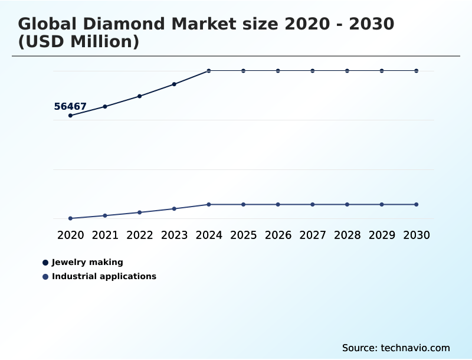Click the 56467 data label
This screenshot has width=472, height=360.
pyautogui.click(x=70, y=107)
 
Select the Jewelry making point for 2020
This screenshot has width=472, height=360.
pyautogui.click(x=70, y=115)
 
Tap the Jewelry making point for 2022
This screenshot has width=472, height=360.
pyautogui.click(x=140, y=96)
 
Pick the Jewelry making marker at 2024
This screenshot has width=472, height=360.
pyautogui.click(x=209, y=71)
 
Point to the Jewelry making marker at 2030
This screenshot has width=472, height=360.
pyautogui.click(x=417, y=71)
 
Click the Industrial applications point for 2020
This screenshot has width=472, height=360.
pyautogui.click(x=70, y=218)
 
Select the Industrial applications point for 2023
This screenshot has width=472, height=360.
pyautogui.click(x=174, y=209)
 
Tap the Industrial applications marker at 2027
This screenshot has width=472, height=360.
pyautogui.click(x=313, y=204)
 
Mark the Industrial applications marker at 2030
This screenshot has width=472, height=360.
pyautogui.click(x=417, y=204)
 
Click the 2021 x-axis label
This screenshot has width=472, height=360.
pyautogui.click(x=105, y=235)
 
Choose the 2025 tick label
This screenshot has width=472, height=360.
pyautogui.click(x=243, y=235)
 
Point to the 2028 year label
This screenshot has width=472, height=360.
pyautogui.click(x=347, y=235)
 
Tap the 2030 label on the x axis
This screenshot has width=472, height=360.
pyautogui.click(x=417, y=235)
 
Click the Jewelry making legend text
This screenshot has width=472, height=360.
pyautogui.click(x=87, y=263)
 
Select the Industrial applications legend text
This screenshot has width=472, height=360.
pyautogui.click(x=104, y=276)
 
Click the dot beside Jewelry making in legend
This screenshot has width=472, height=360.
pyautogui.click(x=45, y=263)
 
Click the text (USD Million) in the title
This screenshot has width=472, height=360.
pyautogui.click(x=78, y=42)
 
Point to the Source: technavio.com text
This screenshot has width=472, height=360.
pyautogui.click(x=396, y=348)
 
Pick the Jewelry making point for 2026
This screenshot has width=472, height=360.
pyautogui.click(x=278, y=71)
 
